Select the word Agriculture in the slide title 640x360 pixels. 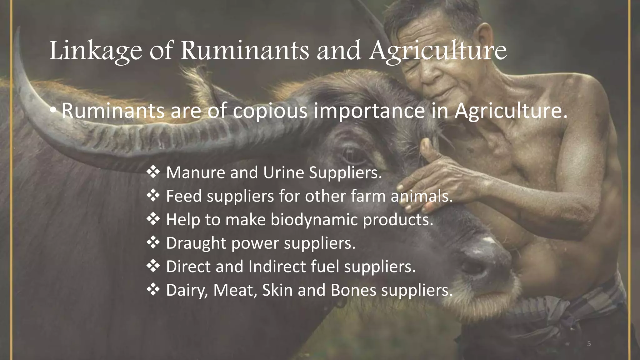438,51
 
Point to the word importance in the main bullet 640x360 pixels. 369,111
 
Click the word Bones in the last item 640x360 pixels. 353,290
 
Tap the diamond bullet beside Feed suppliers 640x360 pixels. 153,196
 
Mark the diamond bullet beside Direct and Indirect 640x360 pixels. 153,266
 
